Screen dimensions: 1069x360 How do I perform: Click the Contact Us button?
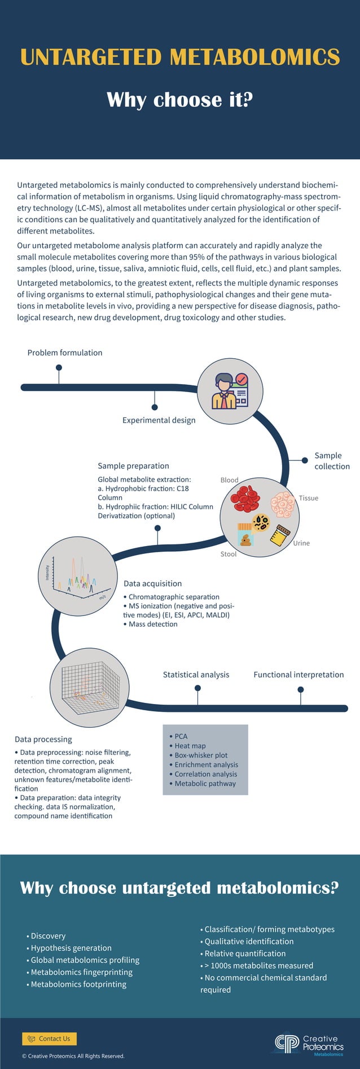[49, 1039]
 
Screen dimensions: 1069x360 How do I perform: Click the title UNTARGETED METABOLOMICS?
[180, 57]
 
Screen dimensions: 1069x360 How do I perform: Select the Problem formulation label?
[65, 353]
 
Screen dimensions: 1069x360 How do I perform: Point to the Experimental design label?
[159, 420]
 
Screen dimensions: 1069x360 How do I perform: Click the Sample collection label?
[332, 461]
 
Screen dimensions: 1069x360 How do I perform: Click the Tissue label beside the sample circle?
[308, 498]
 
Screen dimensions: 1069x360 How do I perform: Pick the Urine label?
[301, 543]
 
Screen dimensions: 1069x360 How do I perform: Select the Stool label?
[229, 554]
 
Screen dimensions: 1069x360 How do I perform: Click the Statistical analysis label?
[196, 675]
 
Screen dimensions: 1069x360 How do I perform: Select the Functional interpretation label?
[298, 675]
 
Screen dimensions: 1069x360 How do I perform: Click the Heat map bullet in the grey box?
[190, 746]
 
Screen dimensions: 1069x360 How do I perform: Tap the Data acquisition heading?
[152, 584]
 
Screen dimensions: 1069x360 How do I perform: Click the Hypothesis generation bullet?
[71, 948]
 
